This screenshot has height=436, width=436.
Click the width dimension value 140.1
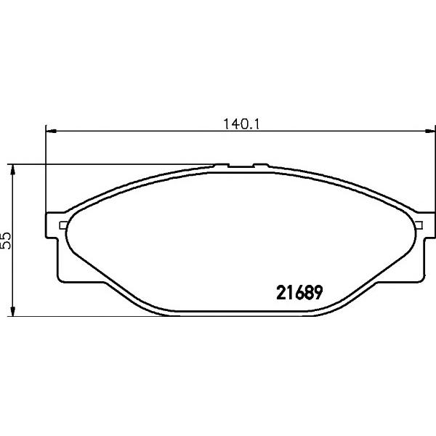[241, 124]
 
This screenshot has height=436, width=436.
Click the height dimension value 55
[6, 241]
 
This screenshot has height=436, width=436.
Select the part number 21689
[299, 293]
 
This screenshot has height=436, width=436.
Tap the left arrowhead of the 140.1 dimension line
[51, 131]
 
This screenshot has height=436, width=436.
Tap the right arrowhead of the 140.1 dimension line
[429, 131]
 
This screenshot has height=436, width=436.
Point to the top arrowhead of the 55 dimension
[12, 169]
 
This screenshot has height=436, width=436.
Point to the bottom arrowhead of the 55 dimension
[12, 311]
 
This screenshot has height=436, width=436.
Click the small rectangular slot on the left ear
[63, 225]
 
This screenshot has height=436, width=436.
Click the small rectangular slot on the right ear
[419, 225]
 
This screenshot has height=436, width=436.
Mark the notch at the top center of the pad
[241, 166]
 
